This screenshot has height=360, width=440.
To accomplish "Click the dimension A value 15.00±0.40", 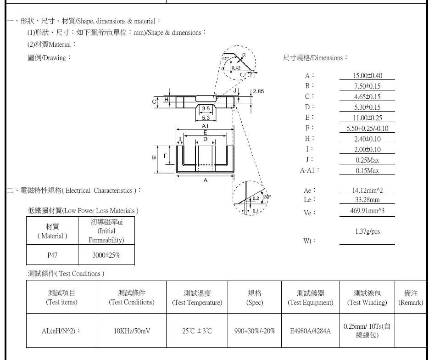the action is click(368, 76).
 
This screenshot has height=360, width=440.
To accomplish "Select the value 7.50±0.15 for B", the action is click(368, 86).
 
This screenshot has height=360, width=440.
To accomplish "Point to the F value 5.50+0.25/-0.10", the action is click(368, 129).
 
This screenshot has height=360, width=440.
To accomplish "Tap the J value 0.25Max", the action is click(368, 160).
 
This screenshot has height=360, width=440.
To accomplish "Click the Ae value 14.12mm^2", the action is click(368, 191).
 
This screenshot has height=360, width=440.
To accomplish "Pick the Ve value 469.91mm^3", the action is click(368, 211).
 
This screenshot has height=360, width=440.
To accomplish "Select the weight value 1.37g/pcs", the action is click(368, 231).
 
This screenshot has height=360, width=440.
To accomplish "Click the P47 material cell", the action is click(52, 255).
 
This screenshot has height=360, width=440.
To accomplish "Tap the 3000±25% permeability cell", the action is click(106, 255).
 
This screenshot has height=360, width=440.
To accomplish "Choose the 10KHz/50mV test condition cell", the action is click(132, 331).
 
